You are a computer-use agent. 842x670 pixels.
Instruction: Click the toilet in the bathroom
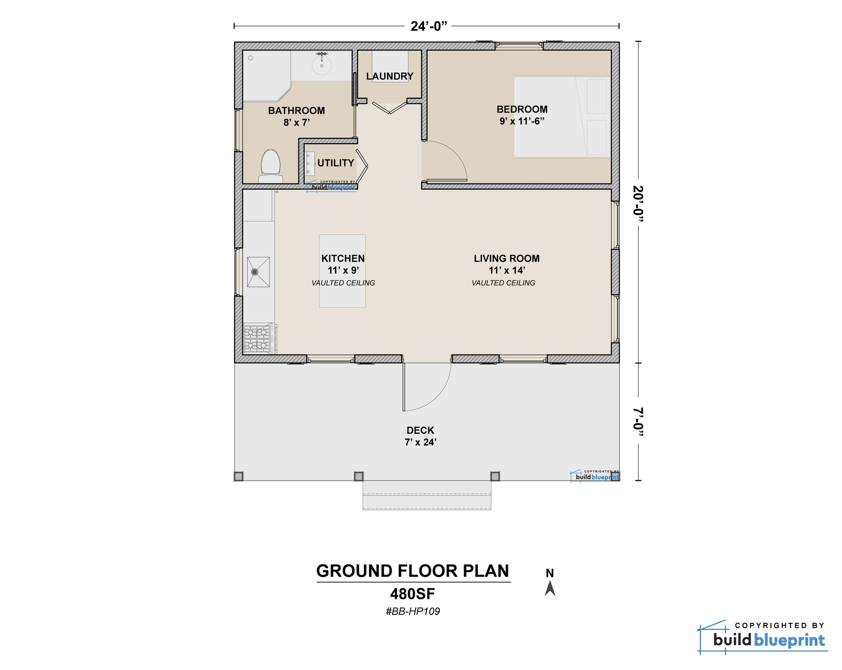pyautogui.click(x=271, y=166)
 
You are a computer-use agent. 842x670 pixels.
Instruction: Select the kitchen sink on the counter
pyautogui.click(x=258, y=272)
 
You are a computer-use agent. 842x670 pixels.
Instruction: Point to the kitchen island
pyautogui.click(x=342, y=271)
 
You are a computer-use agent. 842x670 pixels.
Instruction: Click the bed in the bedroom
pyautogui.click(x=562, y=117)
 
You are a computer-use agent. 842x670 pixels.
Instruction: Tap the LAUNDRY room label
pyautogui.click(x=389, y=76)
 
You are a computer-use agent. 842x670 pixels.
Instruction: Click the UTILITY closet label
pyautogui.click(x=335, y=163)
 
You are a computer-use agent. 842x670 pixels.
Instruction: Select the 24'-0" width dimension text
pyautogui.click(x=428, y=26)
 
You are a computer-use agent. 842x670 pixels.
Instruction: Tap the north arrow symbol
pyautogui.click(x=550, y=588)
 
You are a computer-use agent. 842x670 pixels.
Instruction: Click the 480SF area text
pyautogui.click(x=412, y=594)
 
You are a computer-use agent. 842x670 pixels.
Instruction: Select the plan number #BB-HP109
pyautogui.click(x=413, y=611)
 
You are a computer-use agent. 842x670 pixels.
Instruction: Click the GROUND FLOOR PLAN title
pyautogui.click(x=413, y=571)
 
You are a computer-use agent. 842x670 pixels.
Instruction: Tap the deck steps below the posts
pyautogui.click(x=427, y=495)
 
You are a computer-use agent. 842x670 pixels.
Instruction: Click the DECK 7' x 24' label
pyautogui.click(x=420, y=436)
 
